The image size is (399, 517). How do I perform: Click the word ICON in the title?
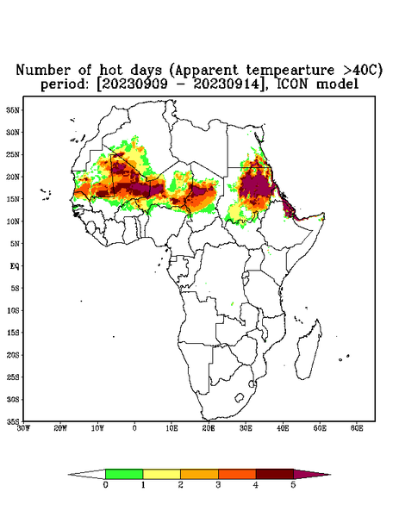click(293, 84)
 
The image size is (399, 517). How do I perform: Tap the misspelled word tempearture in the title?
click(290, 71)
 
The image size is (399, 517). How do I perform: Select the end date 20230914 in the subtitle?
click(226, 84)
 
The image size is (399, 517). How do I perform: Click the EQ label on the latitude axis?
click(15, 265)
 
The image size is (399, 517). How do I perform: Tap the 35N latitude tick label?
click(14, 109)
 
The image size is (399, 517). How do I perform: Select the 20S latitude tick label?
click(14, 355)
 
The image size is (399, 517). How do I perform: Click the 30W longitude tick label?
click(23, 428)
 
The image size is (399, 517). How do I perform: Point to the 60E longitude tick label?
click(357, 428)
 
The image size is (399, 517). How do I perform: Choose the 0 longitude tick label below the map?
click(134, 428)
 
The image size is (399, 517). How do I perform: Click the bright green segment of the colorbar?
click(124, 474)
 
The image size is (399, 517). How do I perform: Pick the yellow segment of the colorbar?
click(161, 474)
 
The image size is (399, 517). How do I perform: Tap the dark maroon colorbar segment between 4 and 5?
click(275, 474)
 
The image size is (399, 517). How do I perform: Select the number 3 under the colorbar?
click(218, 485)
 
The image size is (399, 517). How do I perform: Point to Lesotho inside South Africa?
click(239, 397)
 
